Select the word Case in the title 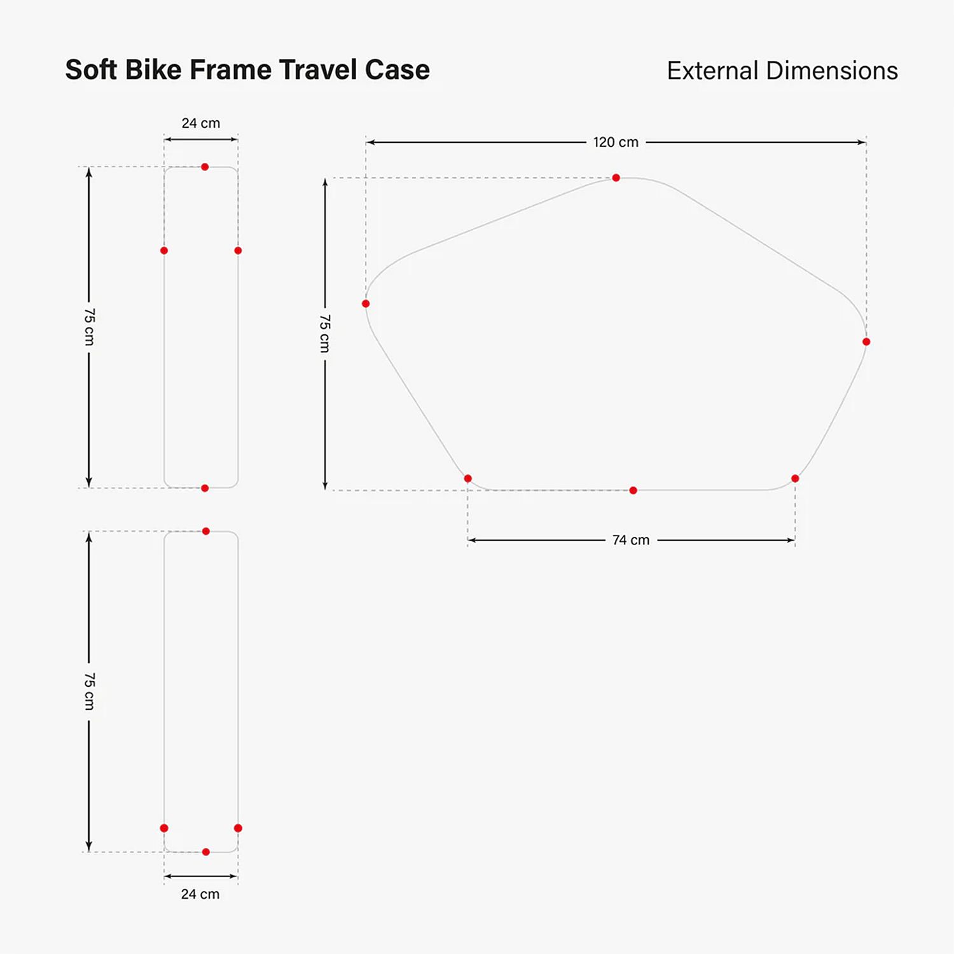(397, 69)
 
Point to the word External (713, 71)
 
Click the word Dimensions (832, 71)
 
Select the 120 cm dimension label (616, 142)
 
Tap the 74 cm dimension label (631, 540)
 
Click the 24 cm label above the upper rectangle (201, 123)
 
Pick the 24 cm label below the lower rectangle (200, 894)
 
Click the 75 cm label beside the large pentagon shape (324, 333)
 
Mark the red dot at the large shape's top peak (616, 178)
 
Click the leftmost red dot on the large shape (366, 303)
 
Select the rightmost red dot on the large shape (866, 342)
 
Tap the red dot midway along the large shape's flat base (633, 490)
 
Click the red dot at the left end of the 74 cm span (467, 478)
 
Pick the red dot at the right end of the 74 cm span (795, 478)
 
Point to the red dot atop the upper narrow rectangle (205, 167)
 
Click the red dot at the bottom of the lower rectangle (205, 852)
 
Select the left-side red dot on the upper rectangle (164, 251)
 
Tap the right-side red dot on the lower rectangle (238, 828)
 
